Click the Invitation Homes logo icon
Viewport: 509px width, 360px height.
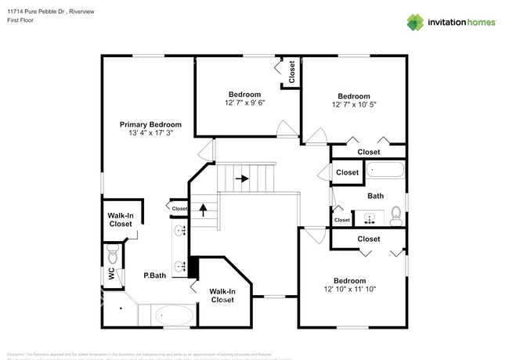[416, 22]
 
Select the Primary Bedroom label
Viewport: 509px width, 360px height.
[150, 124]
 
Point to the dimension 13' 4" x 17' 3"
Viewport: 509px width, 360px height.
[150, 133]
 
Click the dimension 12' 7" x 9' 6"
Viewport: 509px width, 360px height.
[244, 103]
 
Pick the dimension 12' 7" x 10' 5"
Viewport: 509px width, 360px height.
[354, 105]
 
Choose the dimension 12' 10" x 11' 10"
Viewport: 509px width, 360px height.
[349, 290]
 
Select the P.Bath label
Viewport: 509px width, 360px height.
[154, 275]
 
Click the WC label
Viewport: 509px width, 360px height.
[111, 273]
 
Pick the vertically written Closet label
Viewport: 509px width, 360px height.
[292, 73]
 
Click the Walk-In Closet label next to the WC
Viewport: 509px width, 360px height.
[120, 219]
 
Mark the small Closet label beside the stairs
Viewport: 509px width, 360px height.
[179, 208]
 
